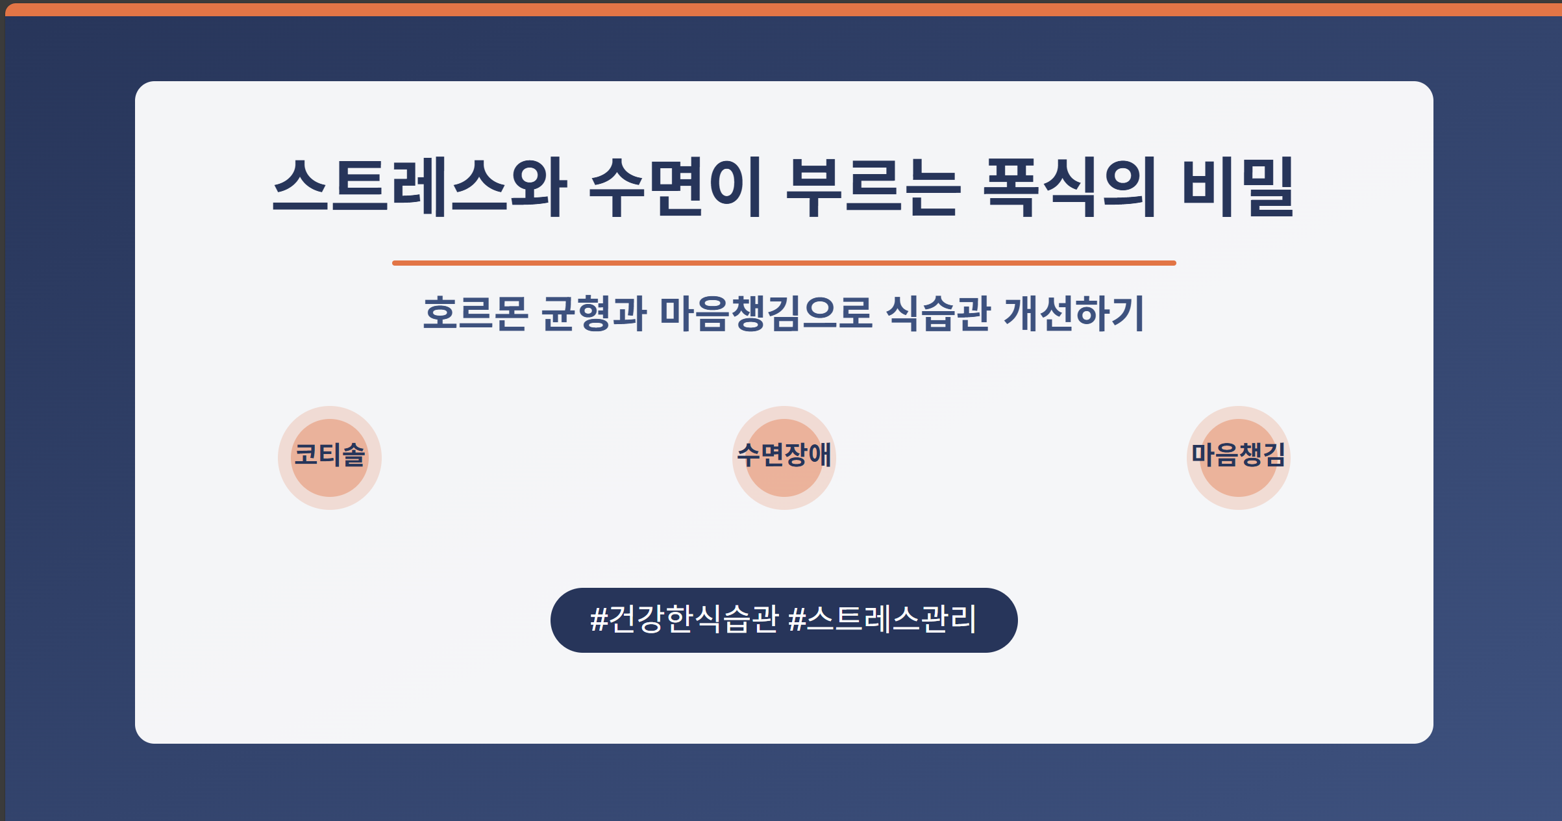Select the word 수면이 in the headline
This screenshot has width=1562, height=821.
(x=675, y=187)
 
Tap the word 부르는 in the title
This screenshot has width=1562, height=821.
(x=873, y=187)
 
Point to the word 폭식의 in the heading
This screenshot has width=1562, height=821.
(x=1070, y=187)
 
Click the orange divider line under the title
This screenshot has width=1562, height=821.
(x=784, y=263)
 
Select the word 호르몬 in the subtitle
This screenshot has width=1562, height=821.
(x=476, y=314)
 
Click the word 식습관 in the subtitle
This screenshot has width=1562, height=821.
(x=938, y=314)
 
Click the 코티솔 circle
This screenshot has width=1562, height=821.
(x=330, y=458)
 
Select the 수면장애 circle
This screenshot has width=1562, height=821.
(x=784, y=458)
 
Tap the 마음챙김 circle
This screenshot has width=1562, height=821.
(x=1239, y=458)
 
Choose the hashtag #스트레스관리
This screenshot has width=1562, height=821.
(x=882, y=619)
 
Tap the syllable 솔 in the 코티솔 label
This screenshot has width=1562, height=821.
(x=354, y=455)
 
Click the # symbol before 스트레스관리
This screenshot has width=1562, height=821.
(x=797, y=620)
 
